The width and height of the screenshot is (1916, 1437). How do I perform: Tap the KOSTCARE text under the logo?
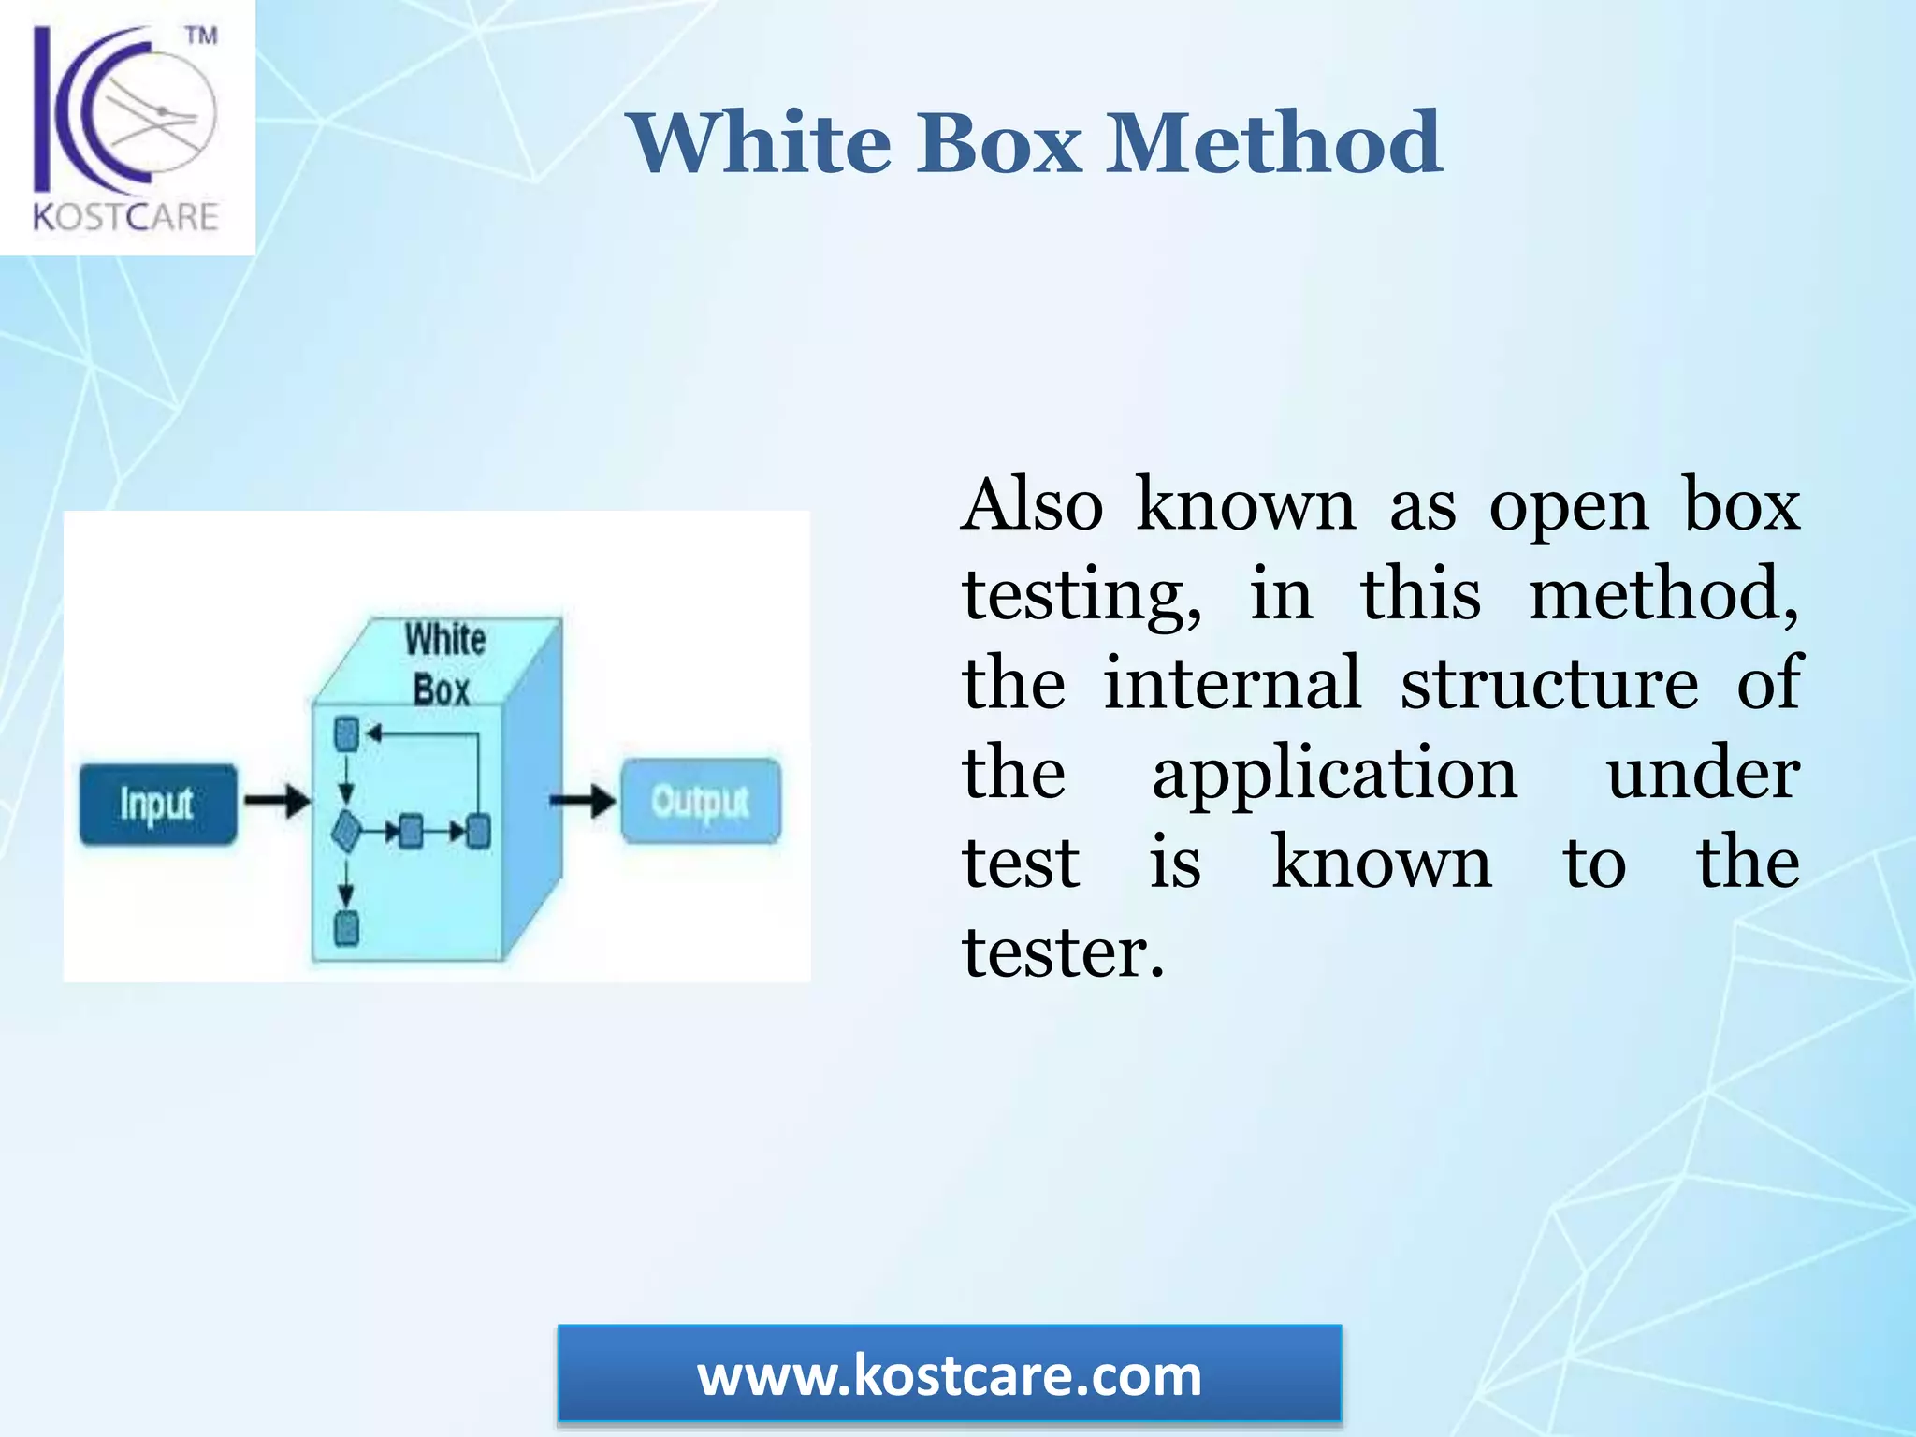tap(125, 217)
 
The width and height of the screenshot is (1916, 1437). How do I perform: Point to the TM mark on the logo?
tap(201, 36)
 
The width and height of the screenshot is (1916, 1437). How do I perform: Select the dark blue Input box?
tap(157, 804)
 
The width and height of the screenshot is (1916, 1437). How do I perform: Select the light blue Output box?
tap(701, 801)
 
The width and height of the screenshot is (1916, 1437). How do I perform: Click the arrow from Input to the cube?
tap(278, 801)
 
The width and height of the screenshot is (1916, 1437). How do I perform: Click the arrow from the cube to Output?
tap(582, 801)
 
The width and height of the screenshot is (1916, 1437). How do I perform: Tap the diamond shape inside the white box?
tap(346, 831)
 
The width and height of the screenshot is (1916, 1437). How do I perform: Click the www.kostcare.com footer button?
tap(950, 1375)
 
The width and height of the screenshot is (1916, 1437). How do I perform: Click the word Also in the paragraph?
tap(1033, 505)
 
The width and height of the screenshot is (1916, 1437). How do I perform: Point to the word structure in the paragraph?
tap(1549, 684)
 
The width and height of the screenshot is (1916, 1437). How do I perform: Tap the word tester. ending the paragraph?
tap(1064, 952)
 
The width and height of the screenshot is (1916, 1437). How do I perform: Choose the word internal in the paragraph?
tap(1232, 684)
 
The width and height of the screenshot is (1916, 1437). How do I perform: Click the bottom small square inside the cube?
tap(346, 928)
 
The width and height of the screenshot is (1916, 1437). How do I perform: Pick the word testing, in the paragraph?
tap(1082, 596)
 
